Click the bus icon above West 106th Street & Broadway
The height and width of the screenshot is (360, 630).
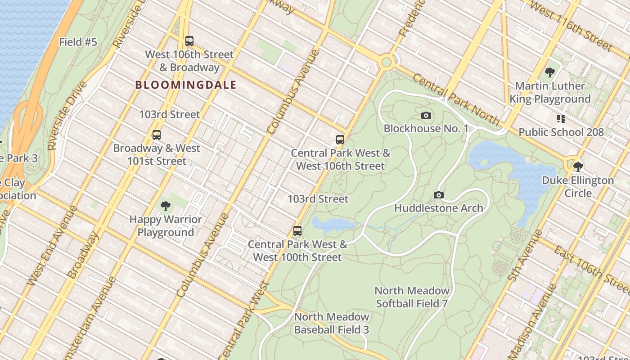point(189,41)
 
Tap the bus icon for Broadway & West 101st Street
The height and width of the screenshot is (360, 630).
point(157,135)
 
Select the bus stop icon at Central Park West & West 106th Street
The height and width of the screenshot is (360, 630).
point(340,139)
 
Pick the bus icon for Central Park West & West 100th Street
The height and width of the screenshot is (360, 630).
point(297,231)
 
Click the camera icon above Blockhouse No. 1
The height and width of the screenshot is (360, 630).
point(426,116)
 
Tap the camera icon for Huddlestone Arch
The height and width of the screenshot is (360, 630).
point(439,195)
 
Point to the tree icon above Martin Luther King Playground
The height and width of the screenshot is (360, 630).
point(549,72)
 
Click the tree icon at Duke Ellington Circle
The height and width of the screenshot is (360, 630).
point(578,167)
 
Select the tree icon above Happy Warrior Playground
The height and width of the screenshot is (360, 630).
point(166,206)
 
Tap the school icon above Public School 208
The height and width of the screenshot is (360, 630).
point(561,119)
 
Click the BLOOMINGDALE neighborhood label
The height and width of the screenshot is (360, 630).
point(186,85)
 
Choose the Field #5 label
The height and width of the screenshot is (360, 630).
point(78,42)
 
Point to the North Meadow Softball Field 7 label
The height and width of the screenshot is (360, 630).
point(412,297)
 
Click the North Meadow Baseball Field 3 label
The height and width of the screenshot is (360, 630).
point(332,323)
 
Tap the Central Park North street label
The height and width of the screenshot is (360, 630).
point(456,100)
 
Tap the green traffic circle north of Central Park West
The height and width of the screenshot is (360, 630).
point(386,62)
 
